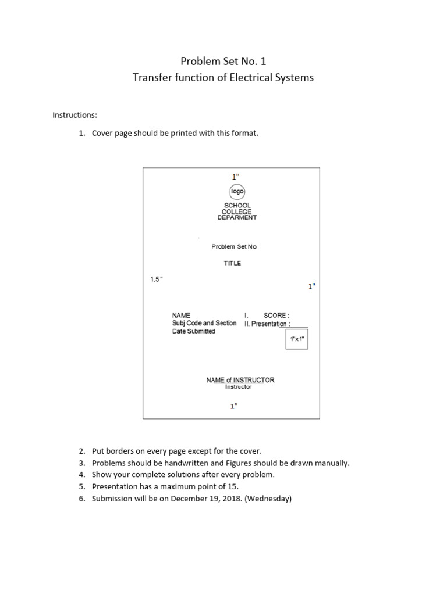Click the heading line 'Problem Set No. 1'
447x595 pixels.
223,61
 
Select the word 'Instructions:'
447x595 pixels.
75,115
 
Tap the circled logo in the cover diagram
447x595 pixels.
237,191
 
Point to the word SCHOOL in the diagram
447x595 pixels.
237,206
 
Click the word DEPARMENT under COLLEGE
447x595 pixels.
237,218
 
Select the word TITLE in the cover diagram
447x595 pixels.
232,263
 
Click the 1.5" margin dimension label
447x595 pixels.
157,279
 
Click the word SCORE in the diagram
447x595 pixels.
275,316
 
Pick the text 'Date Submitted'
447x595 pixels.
193,331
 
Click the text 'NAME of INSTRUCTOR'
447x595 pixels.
240,380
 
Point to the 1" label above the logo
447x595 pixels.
235,176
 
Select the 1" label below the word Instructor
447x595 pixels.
233,406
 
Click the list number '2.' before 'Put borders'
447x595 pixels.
82,451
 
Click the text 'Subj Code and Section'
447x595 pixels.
204,323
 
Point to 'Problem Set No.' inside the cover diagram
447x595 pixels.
234,247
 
